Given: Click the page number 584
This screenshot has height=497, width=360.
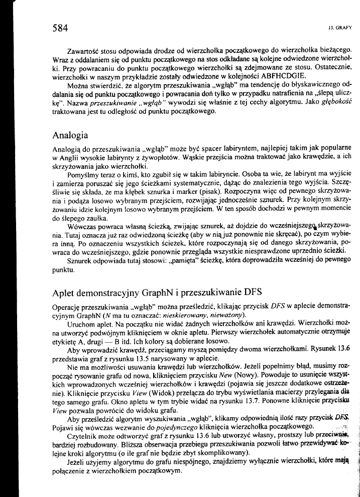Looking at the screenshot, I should (60, 28).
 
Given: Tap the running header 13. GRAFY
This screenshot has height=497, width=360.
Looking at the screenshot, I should (341, 28).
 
